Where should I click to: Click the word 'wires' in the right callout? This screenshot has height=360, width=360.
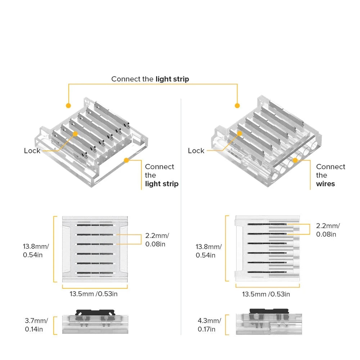(325, 184)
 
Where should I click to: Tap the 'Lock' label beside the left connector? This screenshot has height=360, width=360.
(32, 151)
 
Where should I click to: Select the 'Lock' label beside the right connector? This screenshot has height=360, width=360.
(196, 151)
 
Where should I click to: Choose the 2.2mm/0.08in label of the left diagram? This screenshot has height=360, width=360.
(157, 240)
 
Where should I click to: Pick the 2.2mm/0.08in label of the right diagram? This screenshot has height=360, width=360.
(328, 230)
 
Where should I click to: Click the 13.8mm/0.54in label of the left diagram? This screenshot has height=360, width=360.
(36, 251)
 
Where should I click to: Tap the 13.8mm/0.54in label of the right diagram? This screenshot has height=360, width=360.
(208, 251)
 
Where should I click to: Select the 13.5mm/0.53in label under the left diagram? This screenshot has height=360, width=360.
(94, 294)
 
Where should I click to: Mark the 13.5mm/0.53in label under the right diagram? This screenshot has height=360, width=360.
(266, 294)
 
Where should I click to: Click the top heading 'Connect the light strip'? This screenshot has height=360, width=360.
(150, 79)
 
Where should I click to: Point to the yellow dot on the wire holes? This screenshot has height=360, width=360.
(294, 160)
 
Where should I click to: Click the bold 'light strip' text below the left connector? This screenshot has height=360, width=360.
(162, 184)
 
